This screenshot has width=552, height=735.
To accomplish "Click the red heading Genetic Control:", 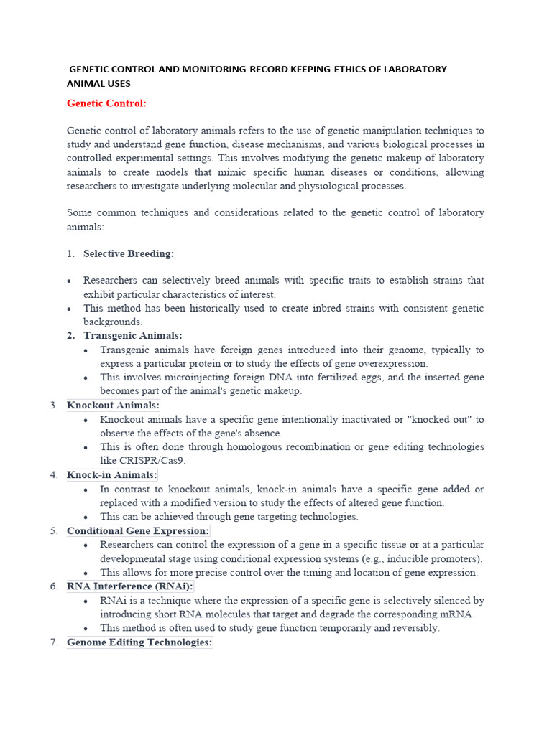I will coord(106,103).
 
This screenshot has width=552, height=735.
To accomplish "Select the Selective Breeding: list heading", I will coord(129,253).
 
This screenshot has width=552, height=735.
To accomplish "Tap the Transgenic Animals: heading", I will coord(133,336).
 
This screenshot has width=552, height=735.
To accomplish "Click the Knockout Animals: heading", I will coord(113,406).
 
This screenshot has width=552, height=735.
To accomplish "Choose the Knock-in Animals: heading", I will coord(111,475).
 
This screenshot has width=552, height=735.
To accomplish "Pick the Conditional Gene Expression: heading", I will coord(138,531).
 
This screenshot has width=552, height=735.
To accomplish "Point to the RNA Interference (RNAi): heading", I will coord(130,586).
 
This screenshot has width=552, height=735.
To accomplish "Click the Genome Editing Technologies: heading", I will coord(139,642).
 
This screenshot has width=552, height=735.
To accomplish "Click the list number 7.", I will coord(54,642).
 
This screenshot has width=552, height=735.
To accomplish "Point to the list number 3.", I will coord(54,406).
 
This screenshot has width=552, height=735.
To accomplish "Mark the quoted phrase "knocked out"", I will coord(438,419).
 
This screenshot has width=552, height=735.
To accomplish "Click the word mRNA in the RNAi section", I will coord(459,614).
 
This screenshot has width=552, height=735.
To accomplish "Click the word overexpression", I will coord(393,364).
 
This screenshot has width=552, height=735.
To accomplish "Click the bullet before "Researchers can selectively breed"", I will coord(69,281).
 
